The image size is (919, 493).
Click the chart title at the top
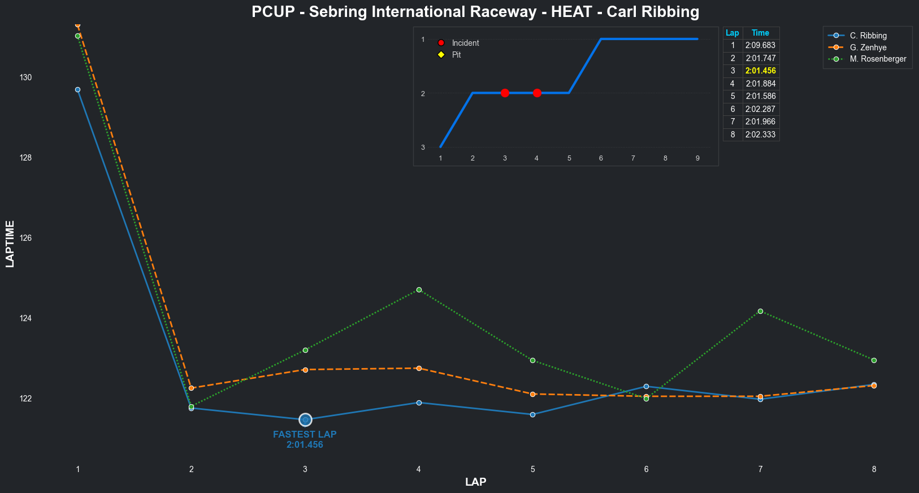pyautogui.click(x=475, y=12)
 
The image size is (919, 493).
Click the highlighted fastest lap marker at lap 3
pyautogui.click(x=305, y=420)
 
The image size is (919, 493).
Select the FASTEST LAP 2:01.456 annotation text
pyautogui.click(x=305, y=439)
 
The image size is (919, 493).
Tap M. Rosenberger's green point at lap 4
pyautogui.click(x=419, y=289)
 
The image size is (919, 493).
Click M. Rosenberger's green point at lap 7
pyautogui.click(x=760, y=311)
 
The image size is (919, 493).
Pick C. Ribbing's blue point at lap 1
pyautogui.click(x=77, y=89)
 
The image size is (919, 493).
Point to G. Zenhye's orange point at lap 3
pyautogui.click(x=305, y=370)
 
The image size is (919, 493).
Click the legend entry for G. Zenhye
pyautogui.click(x=868, y=47)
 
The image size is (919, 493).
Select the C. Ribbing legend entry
pyautogui.click(x=868, y=36)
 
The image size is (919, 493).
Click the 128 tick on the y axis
pyautogui.click(x=25, y=158)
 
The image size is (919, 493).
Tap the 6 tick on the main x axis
pyautogui.click(x=646, y=469)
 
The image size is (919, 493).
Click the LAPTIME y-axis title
pyautogui.click(x=10, y=244)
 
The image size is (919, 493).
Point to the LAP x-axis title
pyautogui.click(x=475, y=482)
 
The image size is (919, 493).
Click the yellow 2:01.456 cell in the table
pyautogui.click(x=760, y=71)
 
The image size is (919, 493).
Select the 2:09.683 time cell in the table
pyautogui.click(x=760, y=45)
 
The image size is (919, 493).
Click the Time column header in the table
pyautogui.click(x=760, y=33)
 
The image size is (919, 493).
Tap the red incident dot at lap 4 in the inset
pyautogui.click(x=537, y=93)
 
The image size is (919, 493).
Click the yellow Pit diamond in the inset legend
pyautogui.click(x=441, y=55)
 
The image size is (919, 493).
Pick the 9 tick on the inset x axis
pyautogui.click(x=697, y=158)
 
